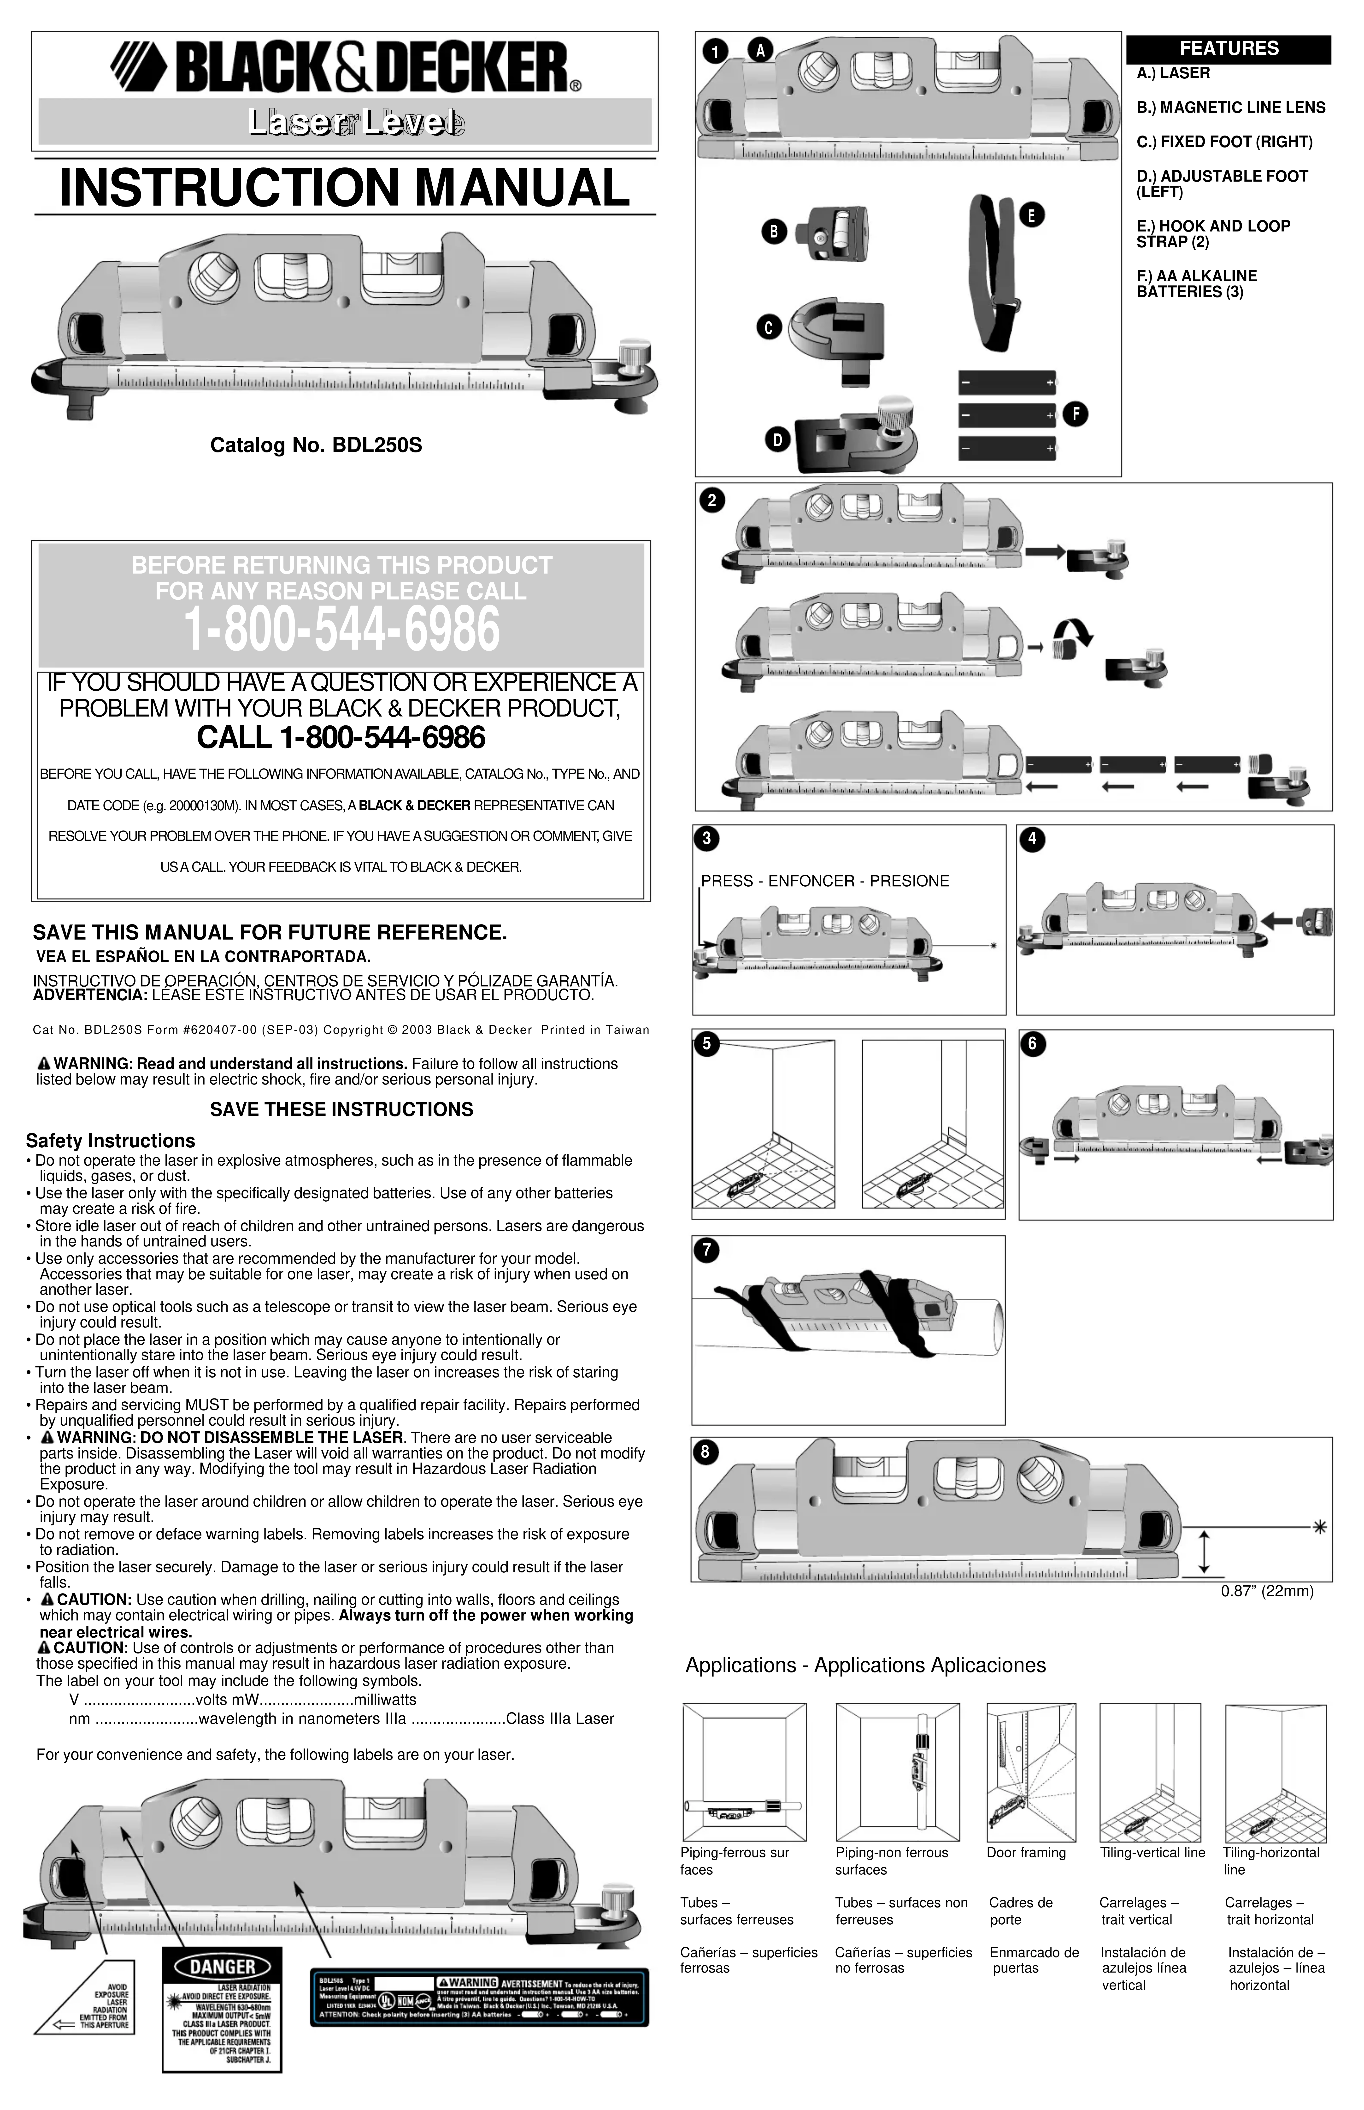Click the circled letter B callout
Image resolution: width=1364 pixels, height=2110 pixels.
(x=774, y=232)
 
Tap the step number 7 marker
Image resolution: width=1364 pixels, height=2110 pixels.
(x=706, y=1251)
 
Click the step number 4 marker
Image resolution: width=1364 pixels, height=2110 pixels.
(x=1032, y=839)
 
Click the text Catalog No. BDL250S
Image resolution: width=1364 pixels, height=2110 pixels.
(x=315, y=445)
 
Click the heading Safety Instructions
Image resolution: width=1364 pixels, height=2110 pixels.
(x=110, y=1141)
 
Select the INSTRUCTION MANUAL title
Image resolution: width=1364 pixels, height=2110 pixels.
(x=344, y=188)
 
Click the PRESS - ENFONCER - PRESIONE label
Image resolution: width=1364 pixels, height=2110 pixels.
(x=825, y=881)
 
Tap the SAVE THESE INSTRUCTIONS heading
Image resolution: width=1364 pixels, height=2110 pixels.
(x=341, y=1110)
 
